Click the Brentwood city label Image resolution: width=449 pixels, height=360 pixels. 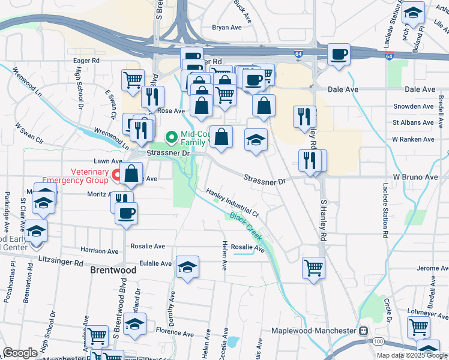tap(113, 270)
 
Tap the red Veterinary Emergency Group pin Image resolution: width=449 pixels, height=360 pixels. tap(115, 175)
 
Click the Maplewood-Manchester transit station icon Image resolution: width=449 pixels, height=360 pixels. tap(363, 331)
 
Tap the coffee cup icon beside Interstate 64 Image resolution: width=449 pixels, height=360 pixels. tap(338, 55)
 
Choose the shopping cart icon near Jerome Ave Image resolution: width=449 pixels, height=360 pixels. tap(313, 268)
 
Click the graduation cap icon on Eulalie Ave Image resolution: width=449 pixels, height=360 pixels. tap(187, 266)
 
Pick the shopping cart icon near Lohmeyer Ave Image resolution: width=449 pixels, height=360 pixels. tap(418, 327)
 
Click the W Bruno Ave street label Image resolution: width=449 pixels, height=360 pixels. tap(415, 178)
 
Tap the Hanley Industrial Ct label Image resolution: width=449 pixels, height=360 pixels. tap(232, 203)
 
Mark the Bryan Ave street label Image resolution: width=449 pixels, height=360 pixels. tap(226, 28)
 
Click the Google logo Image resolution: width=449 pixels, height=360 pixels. tap(20, 353)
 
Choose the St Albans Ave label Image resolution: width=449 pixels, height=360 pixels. tap(413, 122)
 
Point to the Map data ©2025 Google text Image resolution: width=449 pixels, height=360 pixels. tap(411, 355)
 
